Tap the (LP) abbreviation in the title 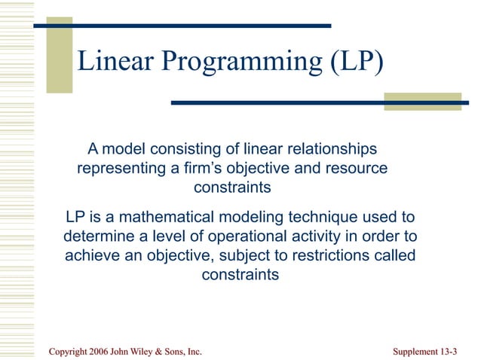353,62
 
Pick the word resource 351,168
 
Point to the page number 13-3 446,352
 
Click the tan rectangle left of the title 60,55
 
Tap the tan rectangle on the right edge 422,102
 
